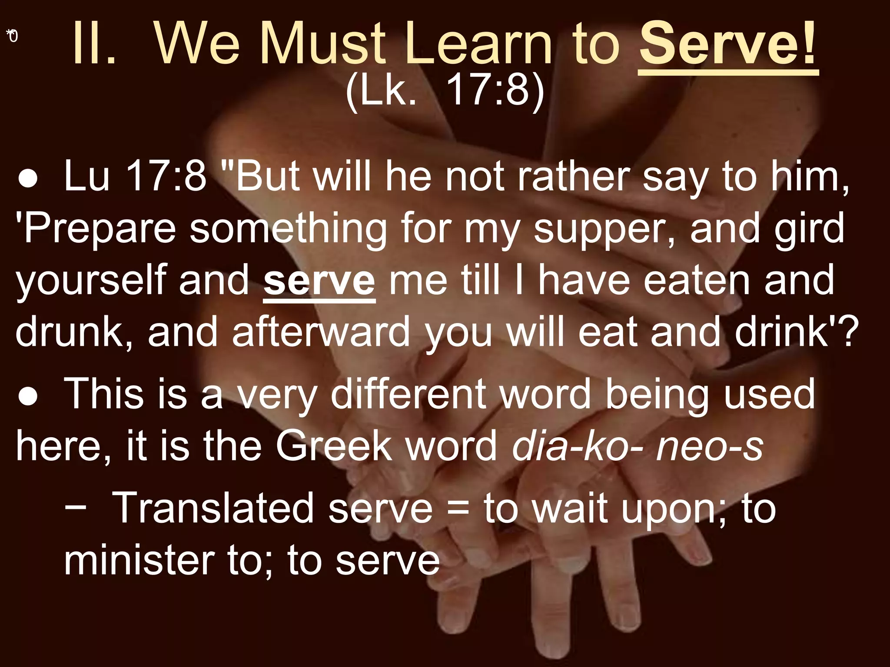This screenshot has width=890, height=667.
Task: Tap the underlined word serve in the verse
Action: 319,281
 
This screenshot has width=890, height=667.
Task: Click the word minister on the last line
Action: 139,560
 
